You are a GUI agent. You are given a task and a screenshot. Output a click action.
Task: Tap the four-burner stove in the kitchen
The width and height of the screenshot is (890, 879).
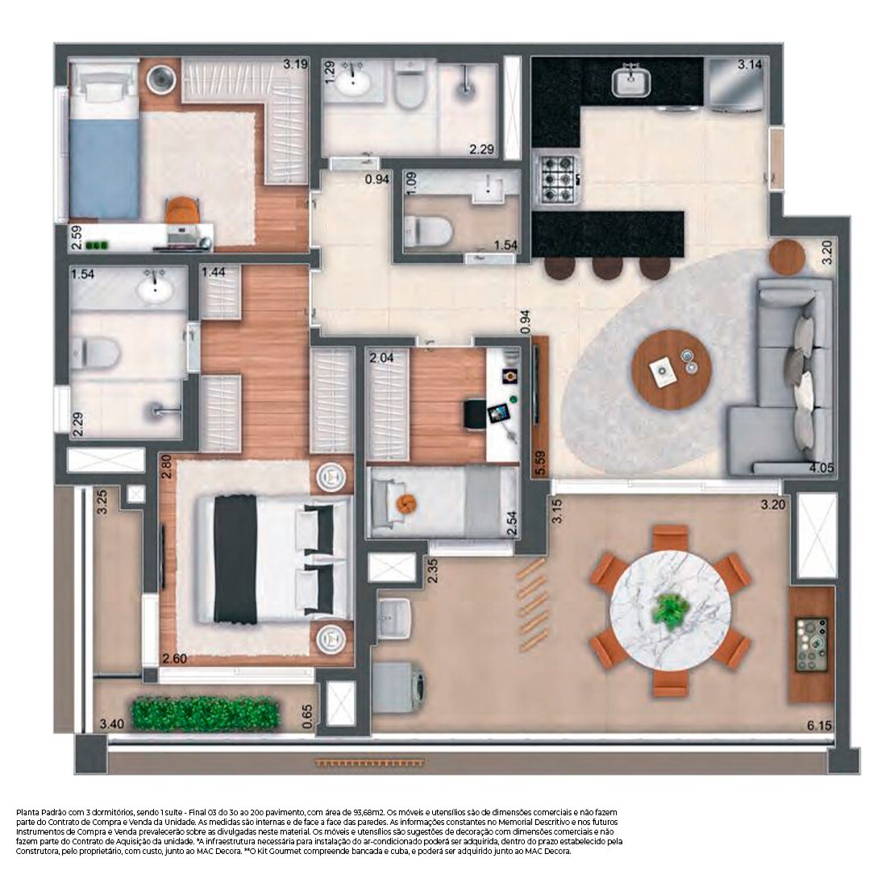tap(558, 179)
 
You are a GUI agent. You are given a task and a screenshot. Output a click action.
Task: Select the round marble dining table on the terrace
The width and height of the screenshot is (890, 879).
tap(670, 610)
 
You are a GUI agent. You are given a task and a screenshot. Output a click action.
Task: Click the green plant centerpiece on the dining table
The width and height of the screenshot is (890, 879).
tap(670, 610)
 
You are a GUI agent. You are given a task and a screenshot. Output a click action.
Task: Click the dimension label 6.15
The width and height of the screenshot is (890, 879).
tap(819, 726)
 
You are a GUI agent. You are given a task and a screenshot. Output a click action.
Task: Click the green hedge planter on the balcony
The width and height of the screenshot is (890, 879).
tap(206, 713)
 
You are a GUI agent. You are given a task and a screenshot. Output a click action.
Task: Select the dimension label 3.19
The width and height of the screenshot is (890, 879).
tap(295, 65)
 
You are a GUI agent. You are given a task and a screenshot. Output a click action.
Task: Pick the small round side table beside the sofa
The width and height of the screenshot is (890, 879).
tap(787, 257)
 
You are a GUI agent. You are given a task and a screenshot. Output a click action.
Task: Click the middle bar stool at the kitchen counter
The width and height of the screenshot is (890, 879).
tap(607, 268)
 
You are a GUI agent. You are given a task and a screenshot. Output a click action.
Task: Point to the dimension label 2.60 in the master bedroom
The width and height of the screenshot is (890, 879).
tap(175, 659)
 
